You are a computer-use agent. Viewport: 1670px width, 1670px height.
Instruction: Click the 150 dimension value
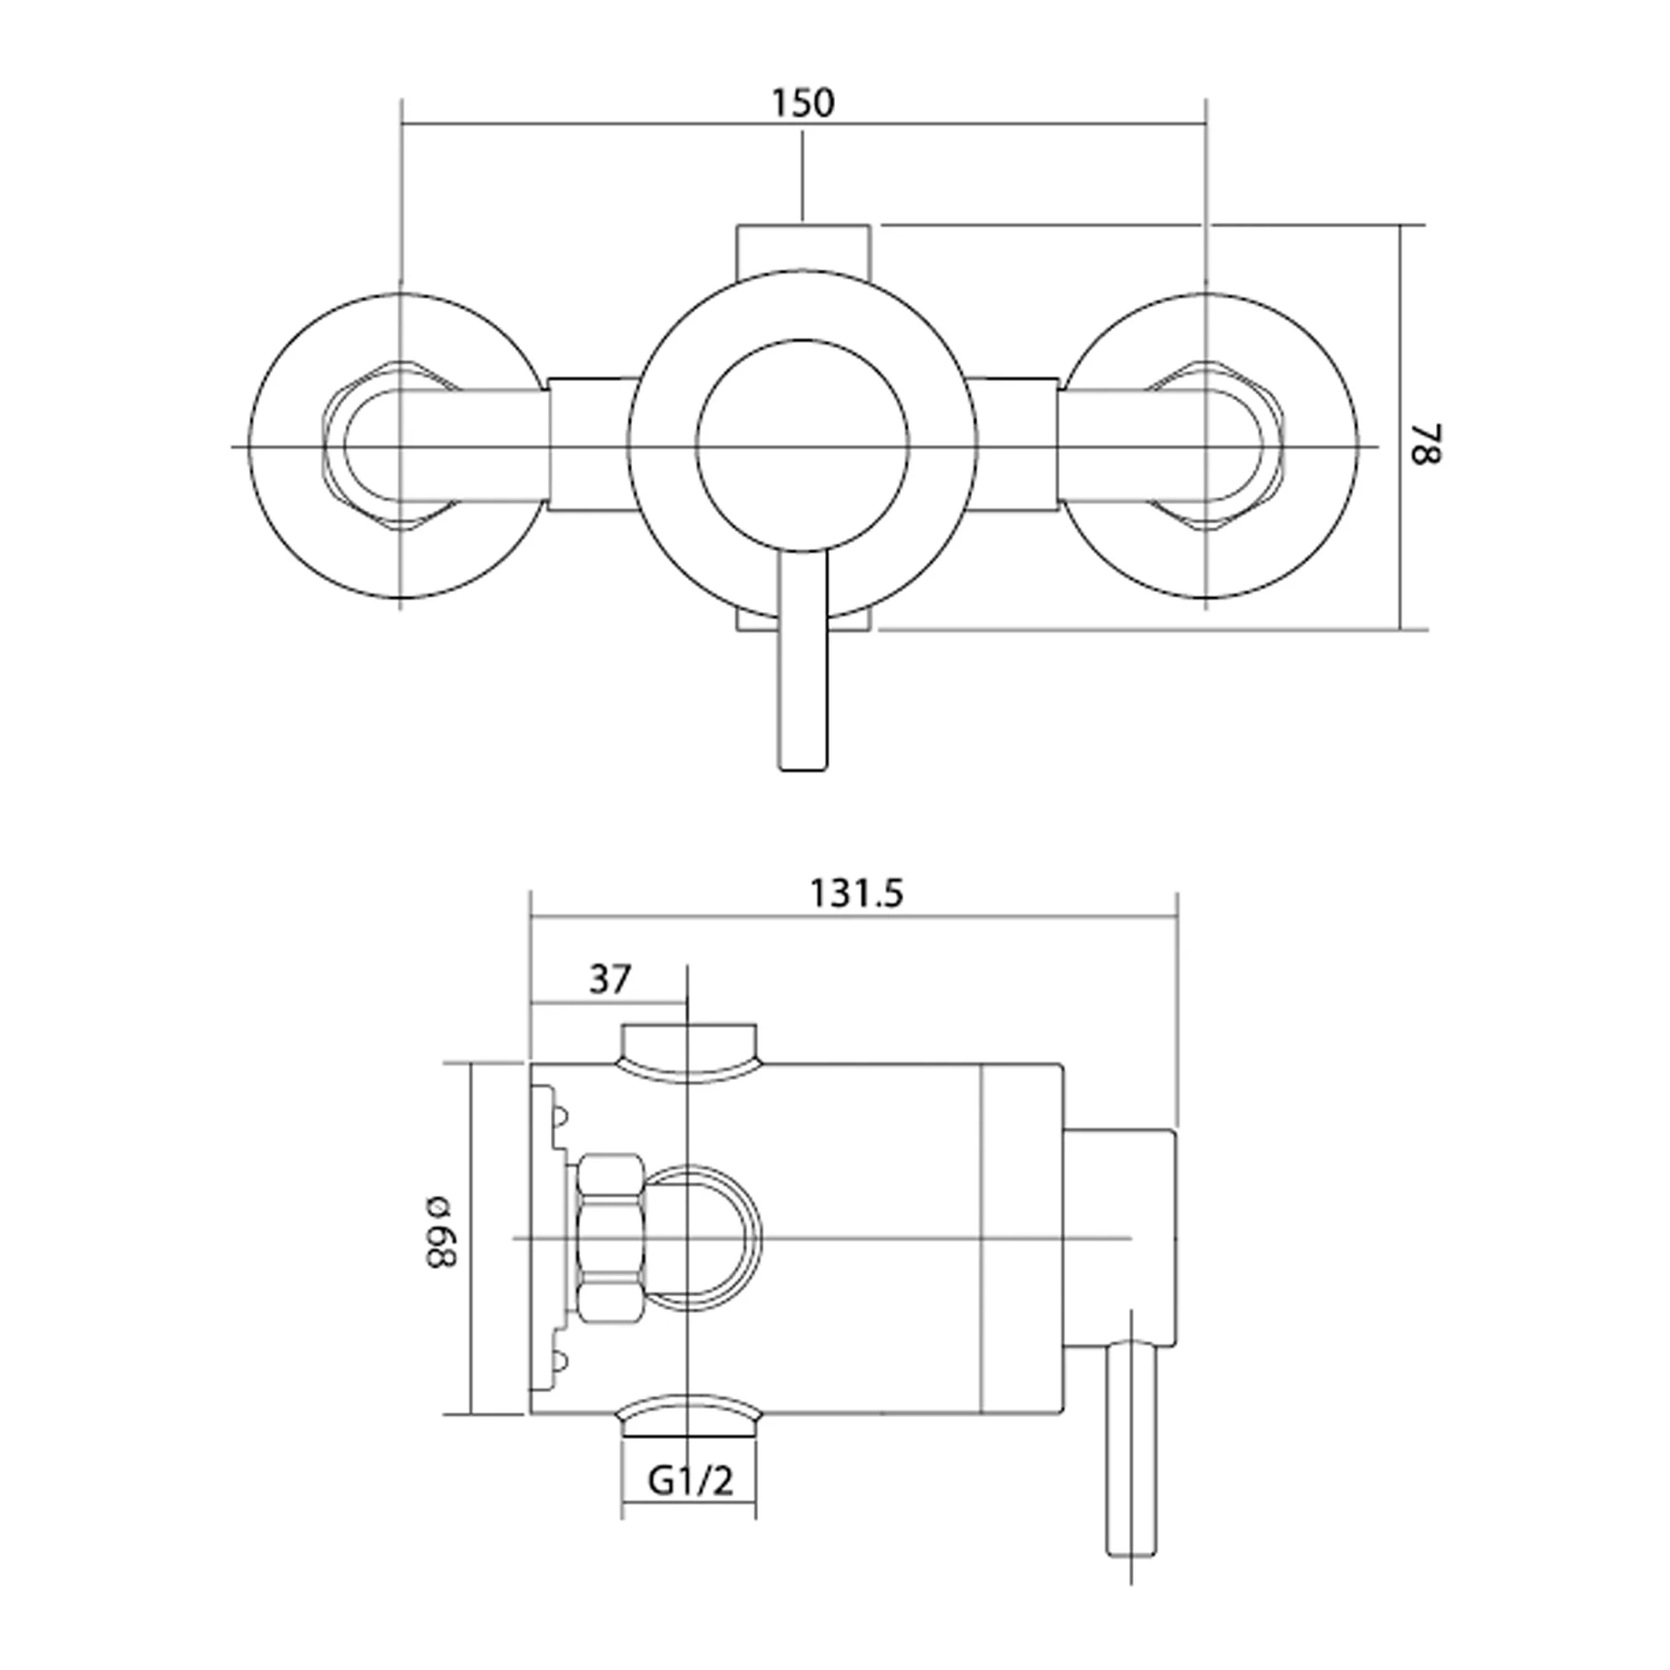coord(803,104)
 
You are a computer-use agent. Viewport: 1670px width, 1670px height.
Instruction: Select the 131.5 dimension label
coord(856,893)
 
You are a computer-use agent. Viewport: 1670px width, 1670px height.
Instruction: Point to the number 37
coord(610,979)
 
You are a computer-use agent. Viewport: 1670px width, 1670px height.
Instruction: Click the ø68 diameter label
coord(440,1232)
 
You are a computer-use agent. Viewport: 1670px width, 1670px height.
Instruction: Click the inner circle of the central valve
coord(802,446)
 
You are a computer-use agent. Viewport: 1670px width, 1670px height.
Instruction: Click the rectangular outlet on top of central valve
coord(803,250)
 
